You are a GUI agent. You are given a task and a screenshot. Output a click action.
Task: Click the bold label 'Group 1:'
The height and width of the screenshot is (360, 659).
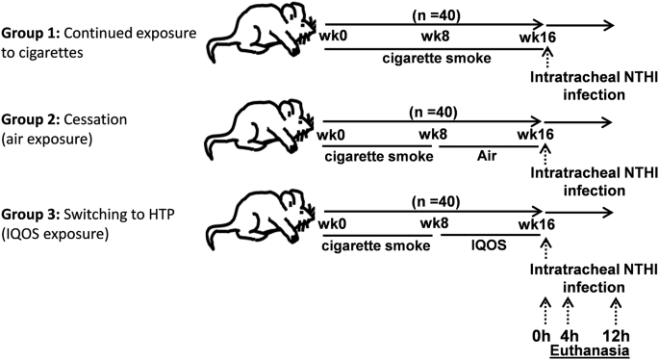click(30, 34)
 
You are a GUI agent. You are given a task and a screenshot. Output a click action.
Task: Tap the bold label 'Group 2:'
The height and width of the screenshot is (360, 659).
click(30, 120)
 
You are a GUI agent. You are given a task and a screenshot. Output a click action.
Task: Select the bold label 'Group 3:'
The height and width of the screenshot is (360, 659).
click(30, 215)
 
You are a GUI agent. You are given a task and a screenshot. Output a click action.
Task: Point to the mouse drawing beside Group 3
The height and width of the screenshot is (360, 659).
click(262, 220)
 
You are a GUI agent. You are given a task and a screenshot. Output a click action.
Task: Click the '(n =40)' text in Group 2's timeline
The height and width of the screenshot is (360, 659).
click(433, 113)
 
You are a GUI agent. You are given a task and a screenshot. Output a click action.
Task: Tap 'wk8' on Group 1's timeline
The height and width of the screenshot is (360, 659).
click(436, 37)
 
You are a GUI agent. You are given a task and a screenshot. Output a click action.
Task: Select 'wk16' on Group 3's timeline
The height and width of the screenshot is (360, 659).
click(536, 224)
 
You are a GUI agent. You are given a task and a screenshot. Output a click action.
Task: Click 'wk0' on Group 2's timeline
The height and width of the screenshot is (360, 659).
click(331, 135)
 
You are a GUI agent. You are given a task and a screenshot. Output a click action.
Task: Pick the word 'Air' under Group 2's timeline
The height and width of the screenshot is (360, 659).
click(487, 156)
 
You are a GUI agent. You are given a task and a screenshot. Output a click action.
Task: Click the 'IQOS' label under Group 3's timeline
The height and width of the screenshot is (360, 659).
click(489, 244)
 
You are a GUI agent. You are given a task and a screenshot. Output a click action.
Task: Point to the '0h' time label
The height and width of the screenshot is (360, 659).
click(541, 337)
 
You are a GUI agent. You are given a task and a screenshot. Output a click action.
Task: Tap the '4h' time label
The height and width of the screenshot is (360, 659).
click(570, 337)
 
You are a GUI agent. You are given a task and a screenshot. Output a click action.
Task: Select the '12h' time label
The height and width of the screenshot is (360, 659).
click(616, 337)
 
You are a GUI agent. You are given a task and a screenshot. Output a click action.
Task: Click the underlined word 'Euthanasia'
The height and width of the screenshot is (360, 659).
click(590, 350)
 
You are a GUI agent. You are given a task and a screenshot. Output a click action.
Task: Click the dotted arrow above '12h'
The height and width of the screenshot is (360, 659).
click(616, 312)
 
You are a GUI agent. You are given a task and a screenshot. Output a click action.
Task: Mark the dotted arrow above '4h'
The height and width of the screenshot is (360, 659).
click(568, 312)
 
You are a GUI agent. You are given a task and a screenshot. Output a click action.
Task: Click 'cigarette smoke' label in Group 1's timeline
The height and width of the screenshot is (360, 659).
click(437, 58)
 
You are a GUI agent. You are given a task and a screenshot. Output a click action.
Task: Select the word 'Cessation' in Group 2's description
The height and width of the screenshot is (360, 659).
click(95, 120)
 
